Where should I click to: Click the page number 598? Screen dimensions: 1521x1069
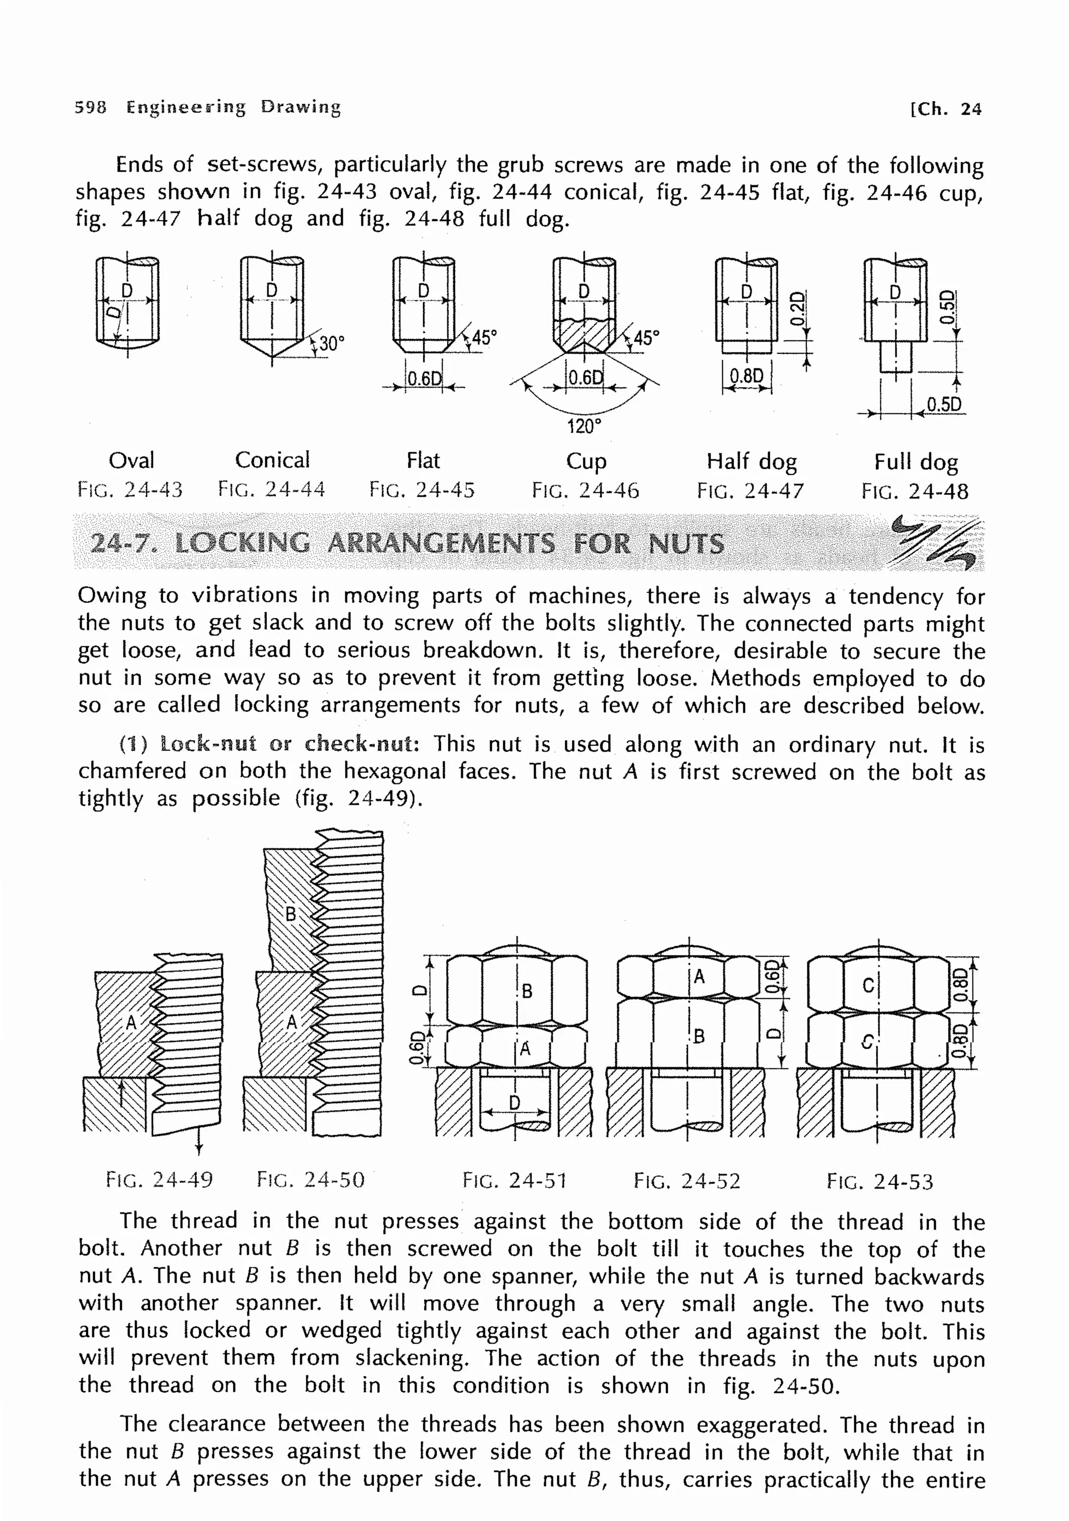pyautogui.click(x=90, y=106)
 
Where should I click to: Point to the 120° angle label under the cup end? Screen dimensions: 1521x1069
pyautogui.click(x=584, y=426)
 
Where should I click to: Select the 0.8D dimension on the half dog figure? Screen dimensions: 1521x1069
pyautogui.click(x=746, y=376)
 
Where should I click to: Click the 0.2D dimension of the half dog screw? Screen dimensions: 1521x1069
pyautogui.click(x=800, y=308)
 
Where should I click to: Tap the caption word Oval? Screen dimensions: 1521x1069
pyautogui.click(x=131, y=460)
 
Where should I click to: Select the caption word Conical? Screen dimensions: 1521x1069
pyautogui.click(x=272, y=460)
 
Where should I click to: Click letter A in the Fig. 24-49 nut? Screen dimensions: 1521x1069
pyautogui.click(x=131, y=1023)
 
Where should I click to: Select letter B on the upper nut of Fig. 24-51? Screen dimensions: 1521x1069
pyautogui.click(x=527, y=991)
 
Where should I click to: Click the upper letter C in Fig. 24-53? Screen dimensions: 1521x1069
pyautogui.click(x=868, y=986)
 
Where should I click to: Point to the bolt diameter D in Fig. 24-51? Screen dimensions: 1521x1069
pyautogui.click(x=515, y=1102)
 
